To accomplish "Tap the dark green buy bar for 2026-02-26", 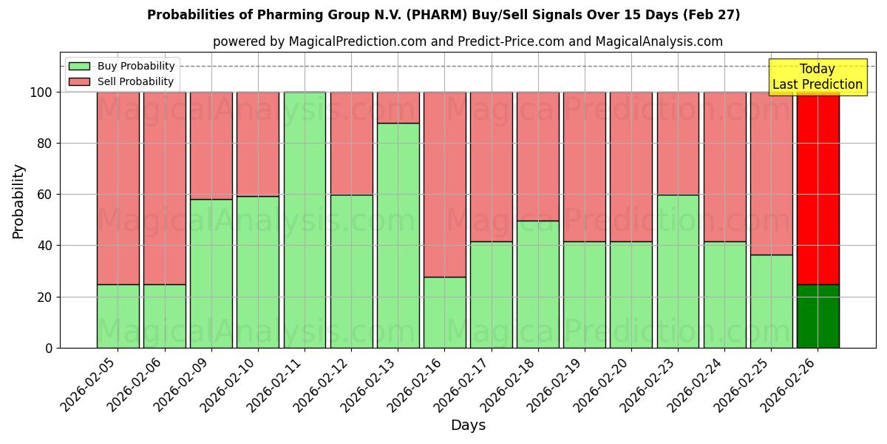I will click(818, 316).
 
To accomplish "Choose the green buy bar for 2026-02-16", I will click(445, 312).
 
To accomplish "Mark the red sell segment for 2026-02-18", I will click(538, 156).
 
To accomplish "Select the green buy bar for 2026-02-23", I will click(678, 271).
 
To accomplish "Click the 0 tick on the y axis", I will click(49, 348).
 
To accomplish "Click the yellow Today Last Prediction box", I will click(818, 77).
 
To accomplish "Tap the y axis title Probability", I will click(18, 201).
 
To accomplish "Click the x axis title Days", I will click(468, 425).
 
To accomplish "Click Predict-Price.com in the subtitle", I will click(509, 41).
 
